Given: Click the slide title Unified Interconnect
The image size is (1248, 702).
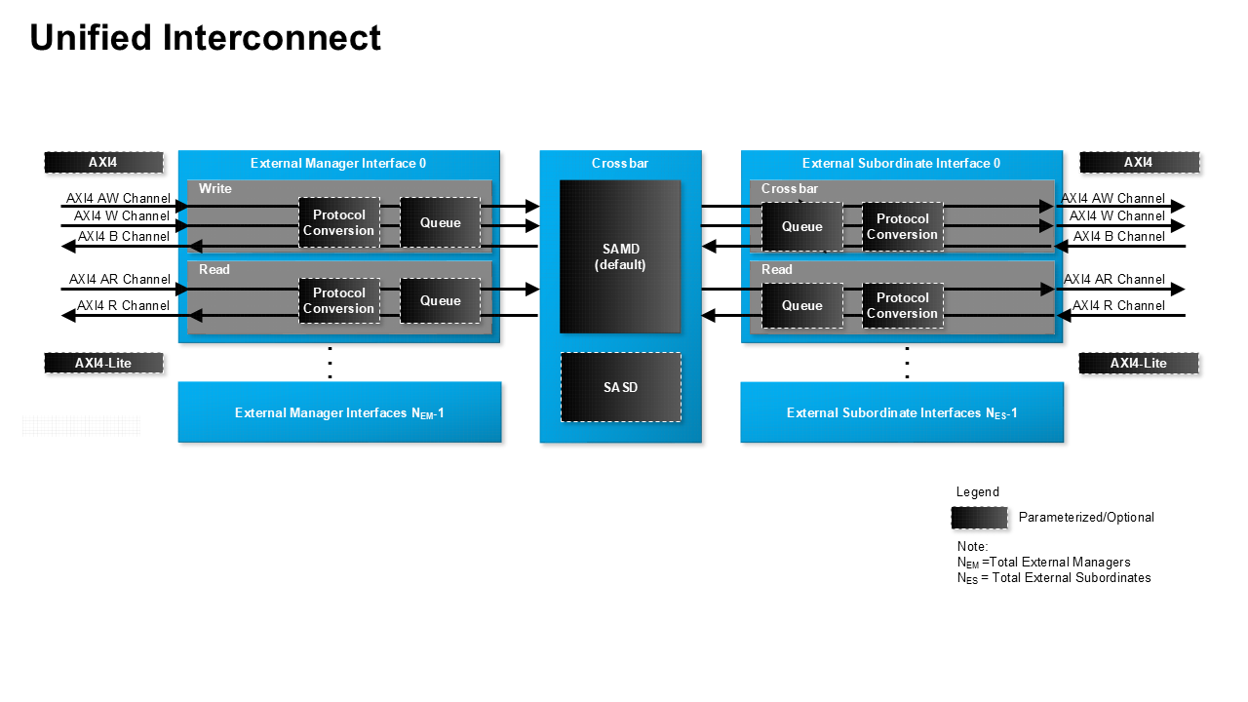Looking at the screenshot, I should pos(205,38).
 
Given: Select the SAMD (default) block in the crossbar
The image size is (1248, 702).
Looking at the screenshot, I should pos(620,256).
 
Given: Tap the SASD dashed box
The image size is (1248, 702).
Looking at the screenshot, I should pos(620,387).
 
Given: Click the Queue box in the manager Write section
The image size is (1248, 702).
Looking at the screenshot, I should pos(440,222).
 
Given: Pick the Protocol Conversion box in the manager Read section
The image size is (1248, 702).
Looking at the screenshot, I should pos(338,300).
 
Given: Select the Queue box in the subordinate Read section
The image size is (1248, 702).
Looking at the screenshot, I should pos(802,305).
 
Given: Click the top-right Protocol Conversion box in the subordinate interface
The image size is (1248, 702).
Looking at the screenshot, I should pos(902,226).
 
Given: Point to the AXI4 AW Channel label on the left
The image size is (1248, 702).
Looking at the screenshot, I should pos(118,198).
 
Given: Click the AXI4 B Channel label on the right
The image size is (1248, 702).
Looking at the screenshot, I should pos(1118,236).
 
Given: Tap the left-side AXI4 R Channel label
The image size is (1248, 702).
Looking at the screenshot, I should pos(123,305).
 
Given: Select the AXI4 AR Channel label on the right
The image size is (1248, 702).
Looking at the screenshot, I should pos(1113,279).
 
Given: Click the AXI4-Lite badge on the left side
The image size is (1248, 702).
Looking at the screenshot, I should pos(103,363).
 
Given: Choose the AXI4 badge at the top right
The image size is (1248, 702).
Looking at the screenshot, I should pos(1139,163).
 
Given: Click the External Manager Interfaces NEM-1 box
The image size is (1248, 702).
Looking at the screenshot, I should pos(339,412).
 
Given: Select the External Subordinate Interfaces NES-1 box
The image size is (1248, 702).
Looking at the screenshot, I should pos(902,412).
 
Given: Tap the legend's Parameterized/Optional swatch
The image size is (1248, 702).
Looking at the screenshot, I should pos(979,517).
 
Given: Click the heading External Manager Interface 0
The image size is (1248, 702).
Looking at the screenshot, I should pos(338,164).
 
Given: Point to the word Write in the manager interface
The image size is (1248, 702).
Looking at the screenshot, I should pos(215,188).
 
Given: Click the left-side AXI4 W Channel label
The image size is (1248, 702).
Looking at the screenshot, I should pos(122,215).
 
